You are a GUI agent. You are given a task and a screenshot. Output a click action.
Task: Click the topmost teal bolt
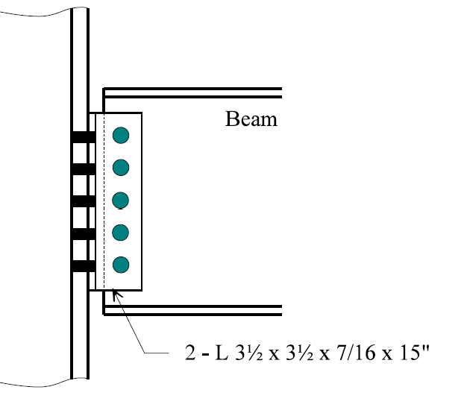pyautogui.click(x=121, y=136)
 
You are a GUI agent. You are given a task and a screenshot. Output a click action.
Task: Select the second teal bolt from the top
pyautogui.click(x=121, y=168)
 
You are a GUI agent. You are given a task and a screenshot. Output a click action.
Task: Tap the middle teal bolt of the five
pyautogui.click(x=121, y=200)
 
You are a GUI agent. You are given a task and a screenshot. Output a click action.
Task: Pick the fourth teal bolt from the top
pyautogui.click(x=121, y=232)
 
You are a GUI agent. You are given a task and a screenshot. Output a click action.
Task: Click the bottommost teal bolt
pyautogui.click(x=121, y=264)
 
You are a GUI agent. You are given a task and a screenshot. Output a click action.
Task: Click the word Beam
pyautogui.click(x=251, y=119)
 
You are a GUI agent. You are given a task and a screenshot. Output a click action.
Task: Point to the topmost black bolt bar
pyautogui.click(x=84, y=136)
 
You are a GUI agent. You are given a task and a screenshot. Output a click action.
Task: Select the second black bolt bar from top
pyautogui.click(x=84, y=168)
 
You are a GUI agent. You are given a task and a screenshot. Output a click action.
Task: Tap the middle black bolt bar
pyautogui.click(x=84, y=201)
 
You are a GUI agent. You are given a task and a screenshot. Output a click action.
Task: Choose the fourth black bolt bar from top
pyautogui.click(x=84, y=233)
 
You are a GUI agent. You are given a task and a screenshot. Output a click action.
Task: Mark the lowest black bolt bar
pyautogui.click(x=84, y=265)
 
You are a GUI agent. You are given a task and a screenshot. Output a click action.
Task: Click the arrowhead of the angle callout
pyautogui.click(x=114, y=296)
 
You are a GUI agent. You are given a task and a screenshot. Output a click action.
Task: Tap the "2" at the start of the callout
pyautogui.click(x=190, y=351)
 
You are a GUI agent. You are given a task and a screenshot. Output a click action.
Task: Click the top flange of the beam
pyautogui.click(x=192, y=93)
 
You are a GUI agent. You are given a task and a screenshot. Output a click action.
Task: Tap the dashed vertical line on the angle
pyautogui.click(x=104, y=201)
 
